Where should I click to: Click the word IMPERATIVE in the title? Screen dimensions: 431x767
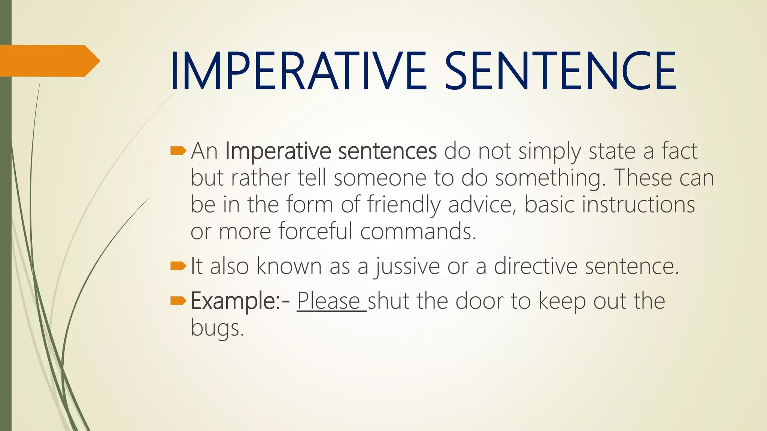click(x=298, y=71)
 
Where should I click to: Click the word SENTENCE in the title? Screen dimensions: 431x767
click(x=561, y=71)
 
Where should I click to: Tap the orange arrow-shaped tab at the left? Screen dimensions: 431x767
click(x=49, y=61)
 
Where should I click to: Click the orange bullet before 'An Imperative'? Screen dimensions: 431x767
click(x=178, y=151)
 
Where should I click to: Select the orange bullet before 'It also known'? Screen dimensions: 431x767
click(x=178, y=266)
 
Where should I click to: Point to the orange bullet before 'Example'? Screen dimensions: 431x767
click(x=178, y=300)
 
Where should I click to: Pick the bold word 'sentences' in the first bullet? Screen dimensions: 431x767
click(x=387, y=152)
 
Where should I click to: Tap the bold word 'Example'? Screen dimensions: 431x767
click(x=233, y=301)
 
